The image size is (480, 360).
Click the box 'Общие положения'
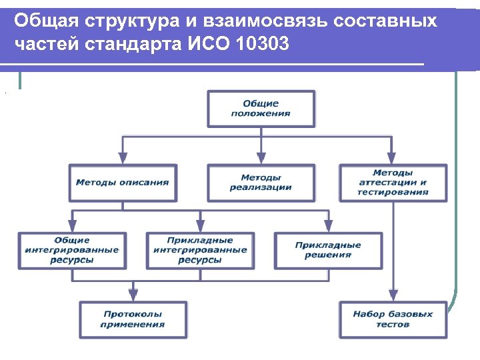(261, 109)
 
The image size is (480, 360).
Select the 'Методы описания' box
(123, 183)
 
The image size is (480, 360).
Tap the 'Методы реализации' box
(261, 183)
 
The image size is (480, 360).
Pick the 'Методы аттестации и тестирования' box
(393, 183)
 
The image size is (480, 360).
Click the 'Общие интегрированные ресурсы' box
(72, 250)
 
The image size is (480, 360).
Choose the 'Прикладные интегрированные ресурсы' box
(200, 250)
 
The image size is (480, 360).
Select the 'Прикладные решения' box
(328, 250)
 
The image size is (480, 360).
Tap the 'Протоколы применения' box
(133, 319)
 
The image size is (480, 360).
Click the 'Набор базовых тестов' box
(393, 319)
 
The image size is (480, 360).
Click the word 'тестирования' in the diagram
(393, 192)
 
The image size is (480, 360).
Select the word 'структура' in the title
(117, 21)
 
